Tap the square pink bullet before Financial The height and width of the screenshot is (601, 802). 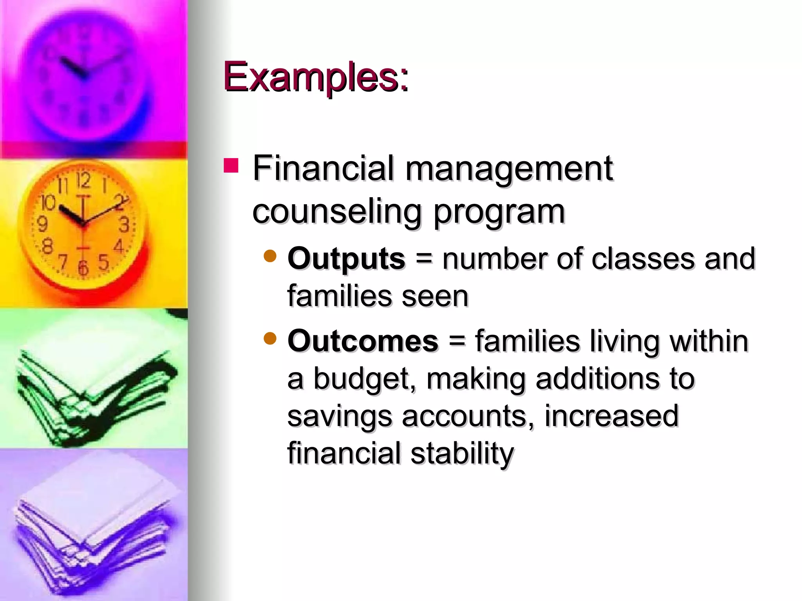tap(231, 166)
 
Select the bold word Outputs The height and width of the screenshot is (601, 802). tap(346, 259)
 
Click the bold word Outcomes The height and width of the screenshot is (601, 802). tap(363, 341)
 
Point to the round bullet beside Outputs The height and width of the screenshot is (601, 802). tap(270, 256)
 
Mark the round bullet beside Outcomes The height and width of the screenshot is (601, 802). tap(270, 338)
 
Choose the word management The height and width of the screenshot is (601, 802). tap(509, 169)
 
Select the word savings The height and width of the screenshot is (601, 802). tap(340, 416)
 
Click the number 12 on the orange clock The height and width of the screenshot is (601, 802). tap(83, 180)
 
